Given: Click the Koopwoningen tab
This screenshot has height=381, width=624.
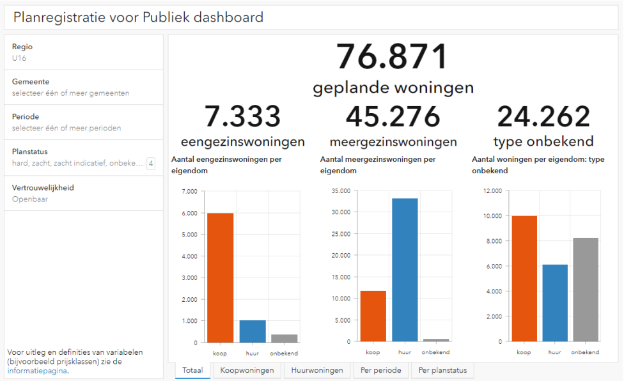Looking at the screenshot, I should (247, 370).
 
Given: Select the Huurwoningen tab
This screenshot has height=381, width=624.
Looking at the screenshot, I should (316, 370).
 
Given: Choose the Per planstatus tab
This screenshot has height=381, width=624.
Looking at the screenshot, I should (442, 370).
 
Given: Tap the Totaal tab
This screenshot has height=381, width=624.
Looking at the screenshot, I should (192, 370).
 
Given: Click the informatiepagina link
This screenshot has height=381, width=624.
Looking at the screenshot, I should (37, 370).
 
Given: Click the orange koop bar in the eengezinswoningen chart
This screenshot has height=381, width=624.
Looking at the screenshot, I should (220, 277).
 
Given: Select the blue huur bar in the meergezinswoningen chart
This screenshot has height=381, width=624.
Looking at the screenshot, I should (405, 270).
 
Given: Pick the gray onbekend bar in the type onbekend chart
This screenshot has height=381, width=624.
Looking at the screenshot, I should (585, 290).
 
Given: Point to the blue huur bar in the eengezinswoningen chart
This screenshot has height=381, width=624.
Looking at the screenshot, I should (253, 331).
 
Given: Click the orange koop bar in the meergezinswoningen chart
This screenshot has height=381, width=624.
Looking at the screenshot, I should (373, 316).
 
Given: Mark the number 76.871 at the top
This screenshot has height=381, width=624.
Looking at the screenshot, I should (393, 57).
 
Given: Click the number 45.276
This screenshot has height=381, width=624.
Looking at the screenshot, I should (393, 117).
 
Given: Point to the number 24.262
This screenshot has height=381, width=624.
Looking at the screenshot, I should (543, 117).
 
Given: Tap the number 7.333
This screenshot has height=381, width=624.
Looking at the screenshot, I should (242, 117).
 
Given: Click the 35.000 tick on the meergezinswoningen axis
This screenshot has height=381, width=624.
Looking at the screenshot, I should (339, 190).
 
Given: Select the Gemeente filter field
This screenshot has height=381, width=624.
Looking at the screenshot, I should (83, 87).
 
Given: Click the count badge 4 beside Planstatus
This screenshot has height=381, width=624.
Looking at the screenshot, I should (151, 164).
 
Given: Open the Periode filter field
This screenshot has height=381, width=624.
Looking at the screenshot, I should (83, 122).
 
